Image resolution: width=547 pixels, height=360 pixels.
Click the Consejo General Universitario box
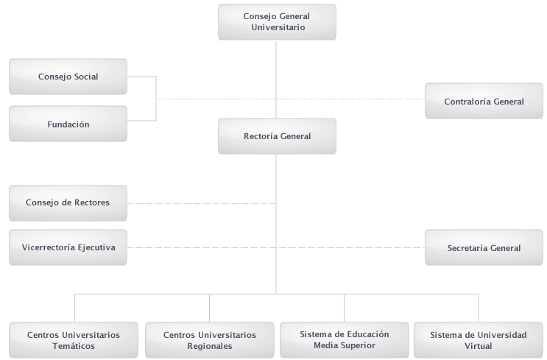click(277, 22)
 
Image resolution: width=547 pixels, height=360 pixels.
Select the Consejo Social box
click(68, 77)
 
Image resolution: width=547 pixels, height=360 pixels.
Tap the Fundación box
click(68, 124)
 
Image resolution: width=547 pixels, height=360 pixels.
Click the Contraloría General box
click(484, 101)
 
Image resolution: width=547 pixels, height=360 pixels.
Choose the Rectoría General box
click(277, 136)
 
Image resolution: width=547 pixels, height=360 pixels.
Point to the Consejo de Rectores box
click(68, 203)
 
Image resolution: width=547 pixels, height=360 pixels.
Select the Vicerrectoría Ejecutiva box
click(68, 247)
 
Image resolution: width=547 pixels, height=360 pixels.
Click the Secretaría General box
click(484, 247)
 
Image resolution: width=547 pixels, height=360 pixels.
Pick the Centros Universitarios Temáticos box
click(74, 340)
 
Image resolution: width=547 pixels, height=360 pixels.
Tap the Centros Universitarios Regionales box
click(210, 340)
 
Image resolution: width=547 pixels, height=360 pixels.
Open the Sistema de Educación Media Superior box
click(345, 340)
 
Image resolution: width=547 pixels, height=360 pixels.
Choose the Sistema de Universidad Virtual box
click(479, 340)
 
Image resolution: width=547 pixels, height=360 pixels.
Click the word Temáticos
click(74, 346)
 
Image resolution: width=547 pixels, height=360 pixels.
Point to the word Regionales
click(210, 346)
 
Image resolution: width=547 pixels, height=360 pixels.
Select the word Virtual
click(479, 346)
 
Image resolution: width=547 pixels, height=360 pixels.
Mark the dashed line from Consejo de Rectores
click(202, 203)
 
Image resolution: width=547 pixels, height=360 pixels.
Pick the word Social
click(87, 77)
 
